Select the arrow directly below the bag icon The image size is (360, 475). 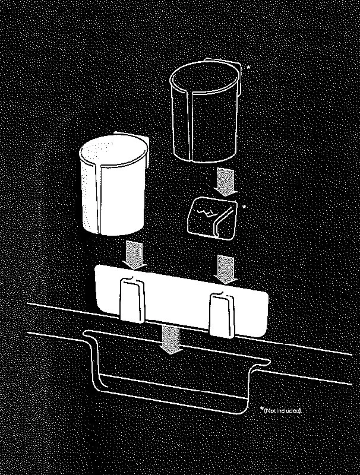(226, 267)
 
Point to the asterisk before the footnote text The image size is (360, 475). (262, 410)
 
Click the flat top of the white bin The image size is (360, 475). (113, 151)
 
